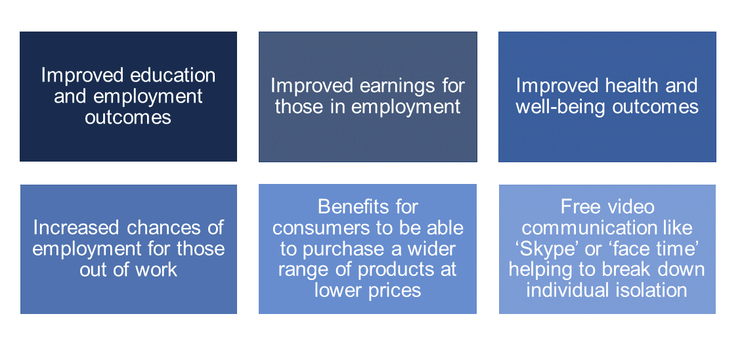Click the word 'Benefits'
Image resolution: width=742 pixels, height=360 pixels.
pos(368,206)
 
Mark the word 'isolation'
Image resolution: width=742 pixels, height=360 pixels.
pos(653,290)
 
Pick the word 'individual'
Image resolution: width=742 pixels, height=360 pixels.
pos(569,290)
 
